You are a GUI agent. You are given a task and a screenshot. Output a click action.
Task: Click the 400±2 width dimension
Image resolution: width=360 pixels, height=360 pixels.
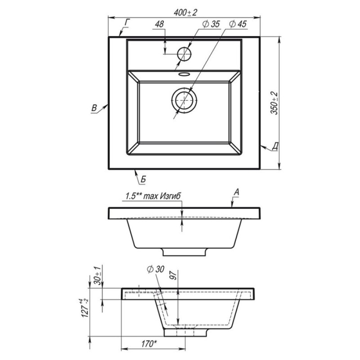(185, 13)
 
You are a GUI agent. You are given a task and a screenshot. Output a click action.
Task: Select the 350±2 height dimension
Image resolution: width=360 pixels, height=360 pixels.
(274, 103)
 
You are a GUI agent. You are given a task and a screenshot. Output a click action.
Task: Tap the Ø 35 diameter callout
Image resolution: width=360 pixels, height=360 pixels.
(211, 24)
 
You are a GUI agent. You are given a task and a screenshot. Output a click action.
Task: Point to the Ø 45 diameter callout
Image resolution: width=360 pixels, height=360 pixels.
(238, 24)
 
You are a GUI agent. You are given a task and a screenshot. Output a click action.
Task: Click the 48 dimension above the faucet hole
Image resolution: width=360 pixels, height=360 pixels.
(160, 24)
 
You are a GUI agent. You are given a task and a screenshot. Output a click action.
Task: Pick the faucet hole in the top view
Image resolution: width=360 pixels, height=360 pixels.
(184, 54)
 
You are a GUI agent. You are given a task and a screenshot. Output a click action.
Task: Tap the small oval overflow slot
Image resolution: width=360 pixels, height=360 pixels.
(184, 74)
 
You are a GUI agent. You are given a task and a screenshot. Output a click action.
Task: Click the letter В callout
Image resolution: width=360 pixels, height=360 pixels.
(94, 108)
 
